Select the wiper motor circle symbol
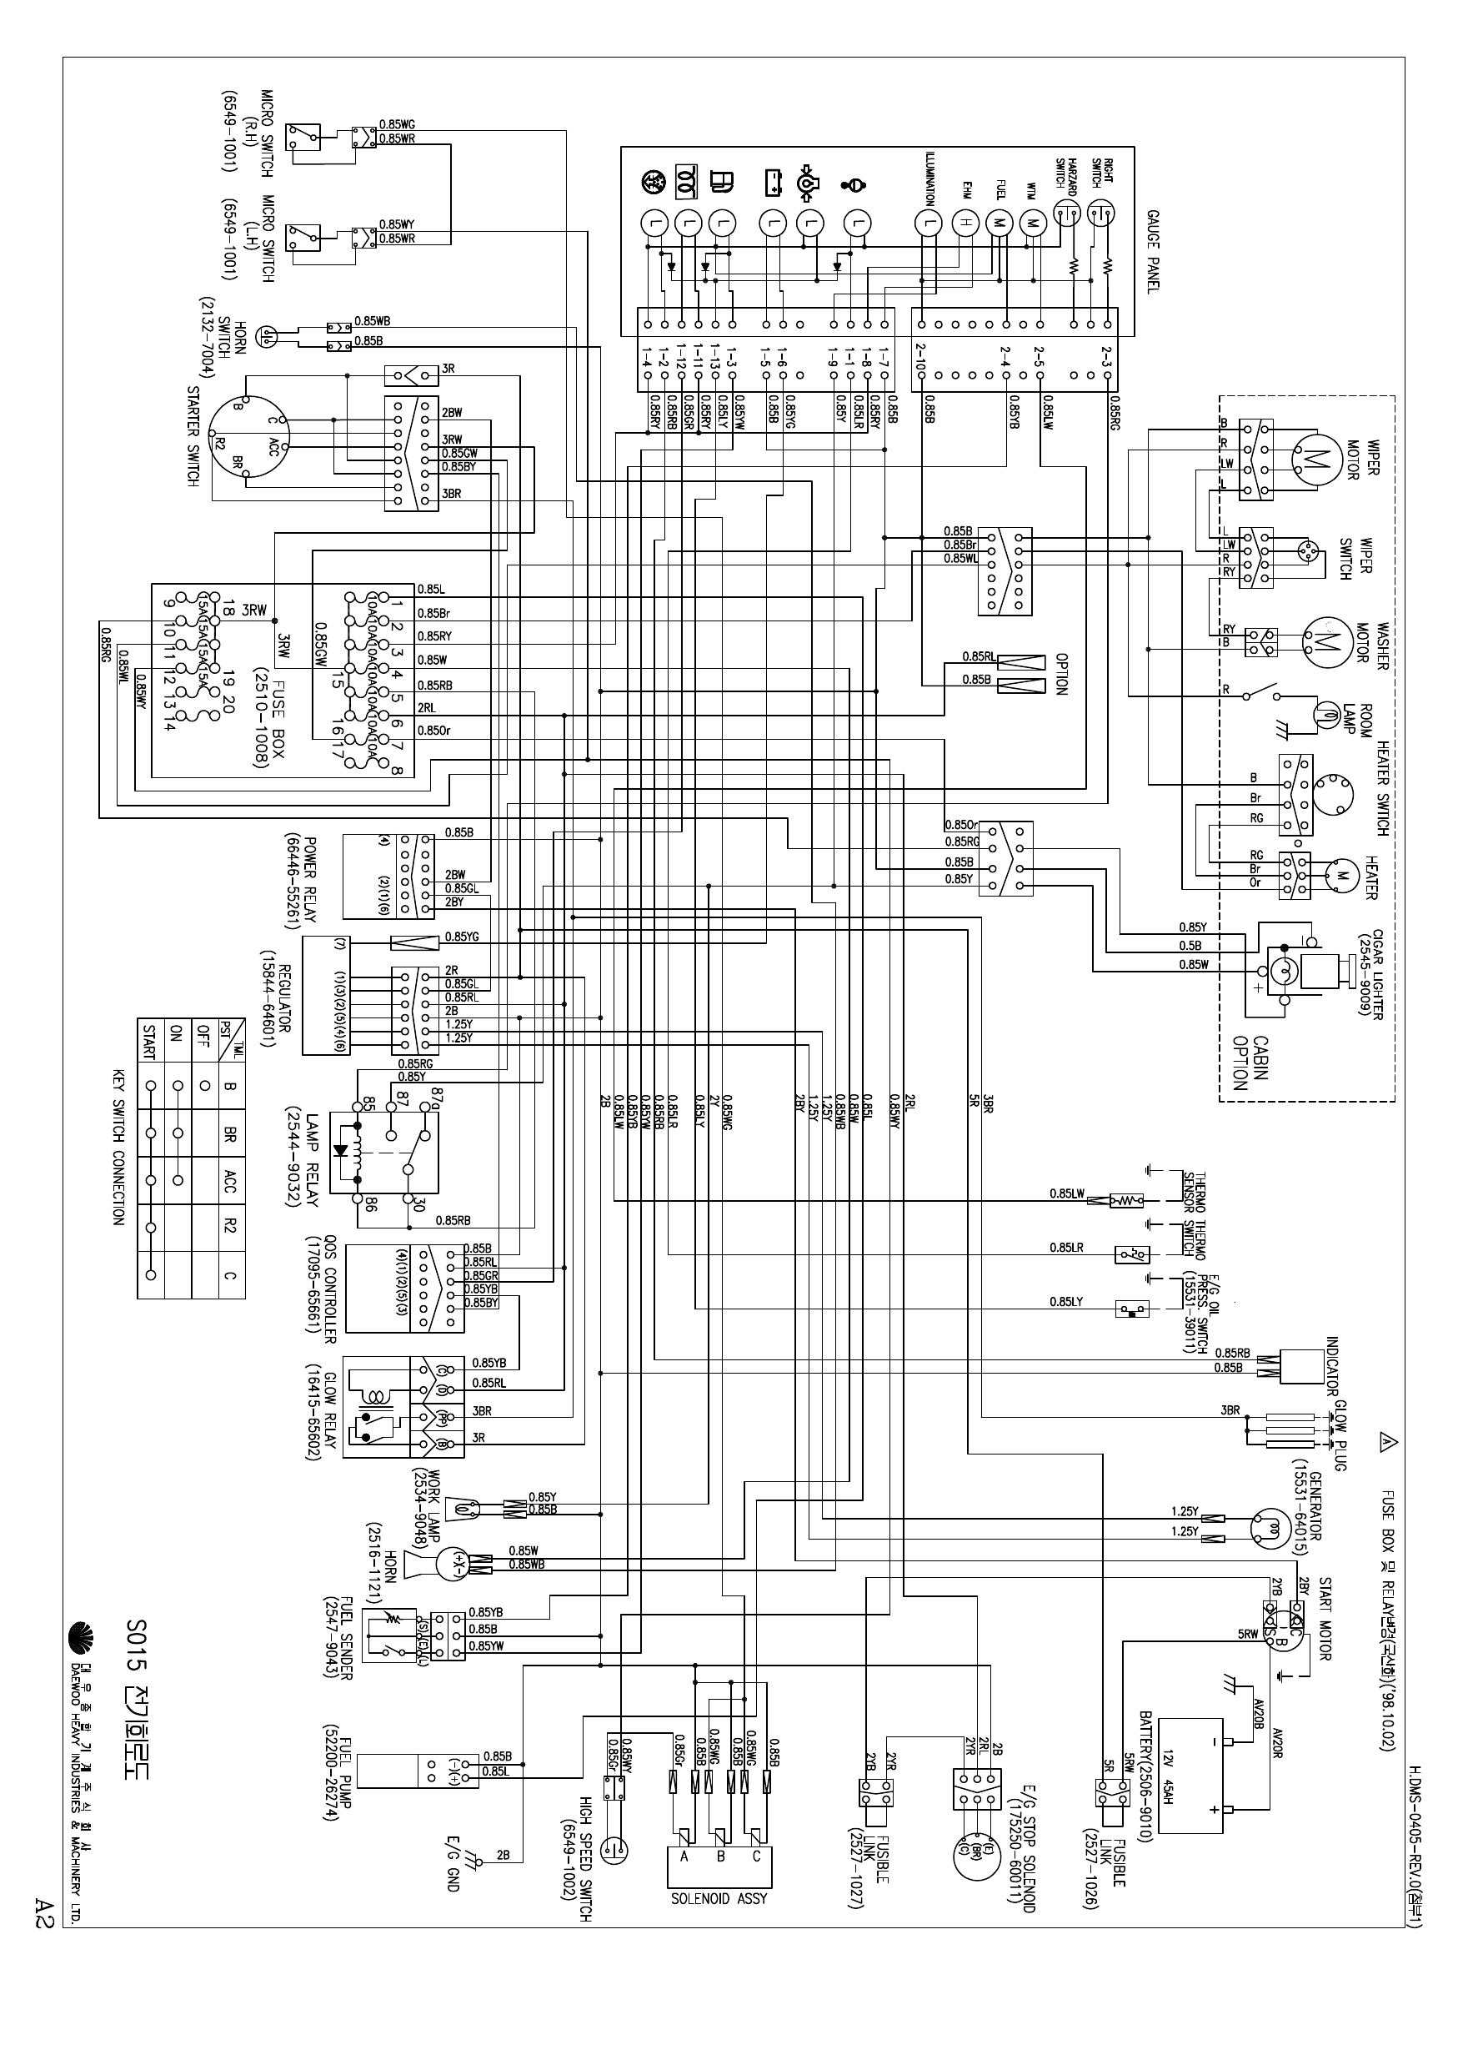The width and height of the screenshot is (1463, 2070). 1317,457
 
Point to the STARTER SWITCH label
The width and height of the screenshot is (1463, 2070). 192,436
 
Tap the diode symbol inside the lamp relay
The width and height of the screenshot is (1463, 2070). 341,1151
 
